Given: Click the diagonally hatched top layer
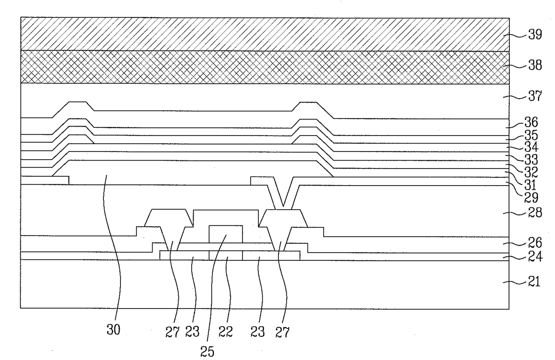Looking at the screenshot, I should pyautogui.click(x=264, y=34).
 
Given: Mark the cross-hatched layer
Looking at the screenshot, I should pyautogui.click(x=264, y=67).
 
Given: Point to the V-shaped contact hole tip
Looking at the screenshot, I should pyautogui.click(x=282, y=206).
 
